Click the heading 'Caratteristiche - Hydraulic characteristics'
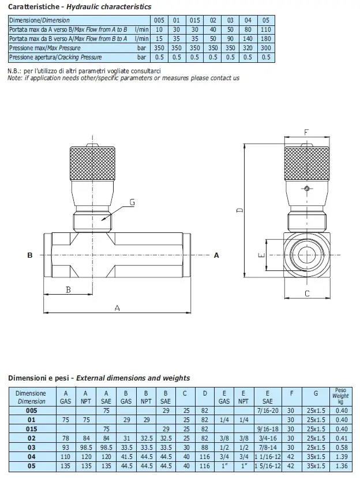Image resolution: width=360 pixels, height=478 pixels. (80, 7)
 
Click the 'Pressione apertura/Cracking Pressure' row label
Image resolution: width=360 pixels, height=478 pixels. (55, 58)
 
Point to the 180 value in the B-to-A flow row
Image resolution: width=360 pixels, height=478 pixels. (265, 39)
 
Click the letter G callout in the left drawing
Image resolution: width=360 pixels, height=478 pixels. (132, 202)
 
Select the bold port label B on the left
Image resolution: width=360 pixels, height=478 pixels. (29, 254)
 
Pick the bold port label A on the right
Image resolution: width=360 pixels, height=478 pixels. (217, 254)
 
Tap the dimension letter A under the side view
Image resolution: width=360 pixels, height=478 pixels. (117, 308)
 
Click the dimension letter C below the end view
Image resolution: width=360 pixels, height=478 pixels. (307, 293)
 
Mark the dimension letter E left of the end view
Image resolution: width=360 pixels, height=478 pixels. (261, 255)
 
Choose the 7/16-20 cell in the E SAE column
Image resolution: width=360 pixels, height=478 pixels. (268, 411)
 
